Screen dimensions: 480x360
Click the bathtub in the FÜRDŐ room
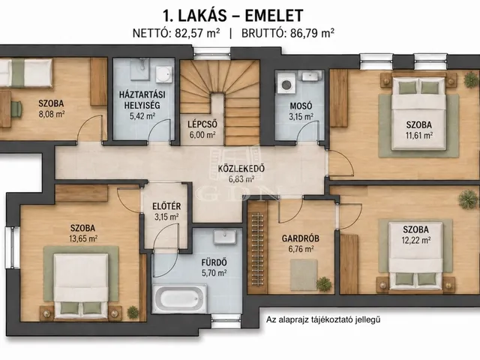180,298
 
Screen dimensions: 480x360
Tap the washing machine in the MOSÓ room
286,83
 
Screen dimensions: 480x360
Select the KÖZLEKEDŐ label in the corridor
241,169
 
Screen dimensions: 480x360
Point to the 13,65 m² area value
83,238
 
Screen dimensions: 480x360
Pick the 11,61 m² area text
418,135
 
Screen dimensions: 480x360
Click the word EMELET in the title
274,16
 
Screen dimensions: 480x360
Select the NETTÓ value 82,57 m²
197,33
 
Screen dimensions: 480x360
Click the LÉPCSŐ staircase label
202,124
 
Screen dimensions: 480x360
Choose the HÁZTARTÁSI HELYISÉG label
142,100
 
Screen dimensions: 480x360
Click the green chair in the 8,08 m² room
16,109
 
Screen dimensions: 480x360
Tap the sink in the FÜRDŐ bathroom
225,237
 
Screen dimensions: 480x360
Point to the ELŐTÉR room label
166,206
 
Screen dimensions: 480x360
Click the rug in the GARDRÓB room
304,274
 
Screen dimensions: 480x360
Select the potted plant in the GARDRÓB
324,283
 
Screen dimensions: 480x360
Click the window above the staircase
211,53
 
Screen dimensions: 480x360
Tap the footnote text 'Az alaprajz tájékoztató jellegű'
323,320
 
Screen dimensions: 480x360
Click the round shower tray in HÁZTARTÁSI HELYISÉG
163,74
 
